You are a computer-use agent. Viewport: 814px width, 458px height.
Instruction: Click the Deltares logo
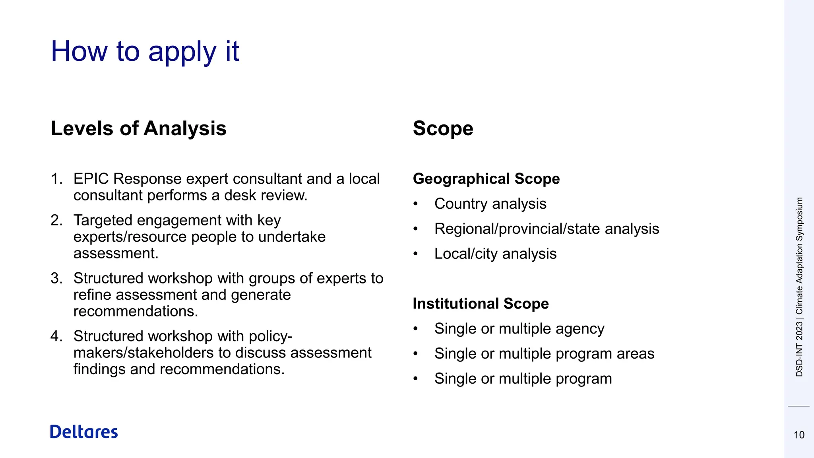tap(84, 432)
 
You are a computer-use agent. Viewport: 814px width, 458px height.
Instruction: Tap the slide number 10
tap(799, 435)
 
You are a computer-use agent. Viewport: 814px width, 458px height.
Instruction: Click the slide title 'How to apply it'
tap(145, 52)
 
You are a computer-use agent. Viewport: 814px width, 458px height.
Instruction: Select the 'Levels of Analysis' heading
tap(139, 128)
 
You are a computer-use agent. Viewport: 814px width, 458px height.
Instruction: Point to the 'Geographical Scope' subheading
tap(486, 179)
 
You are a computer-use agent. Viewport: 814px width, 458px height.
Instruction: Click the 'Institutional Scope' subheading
tap(481, 304)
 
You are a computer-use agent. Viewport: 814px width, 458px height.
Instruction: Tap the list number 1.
tap(56, 179)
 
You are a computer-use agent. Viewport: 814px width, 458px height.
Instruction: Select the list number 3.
tap(56, 278)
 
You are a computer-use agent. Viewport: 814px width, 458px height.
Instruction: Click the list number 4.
tap(56, 336)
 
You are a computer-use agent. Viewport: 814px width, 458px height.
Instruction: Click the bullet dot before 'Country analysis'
tap(416, 204)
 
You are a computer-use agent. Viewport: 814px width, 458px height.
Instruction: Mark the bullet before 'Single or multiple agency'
tap(416, 329)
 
